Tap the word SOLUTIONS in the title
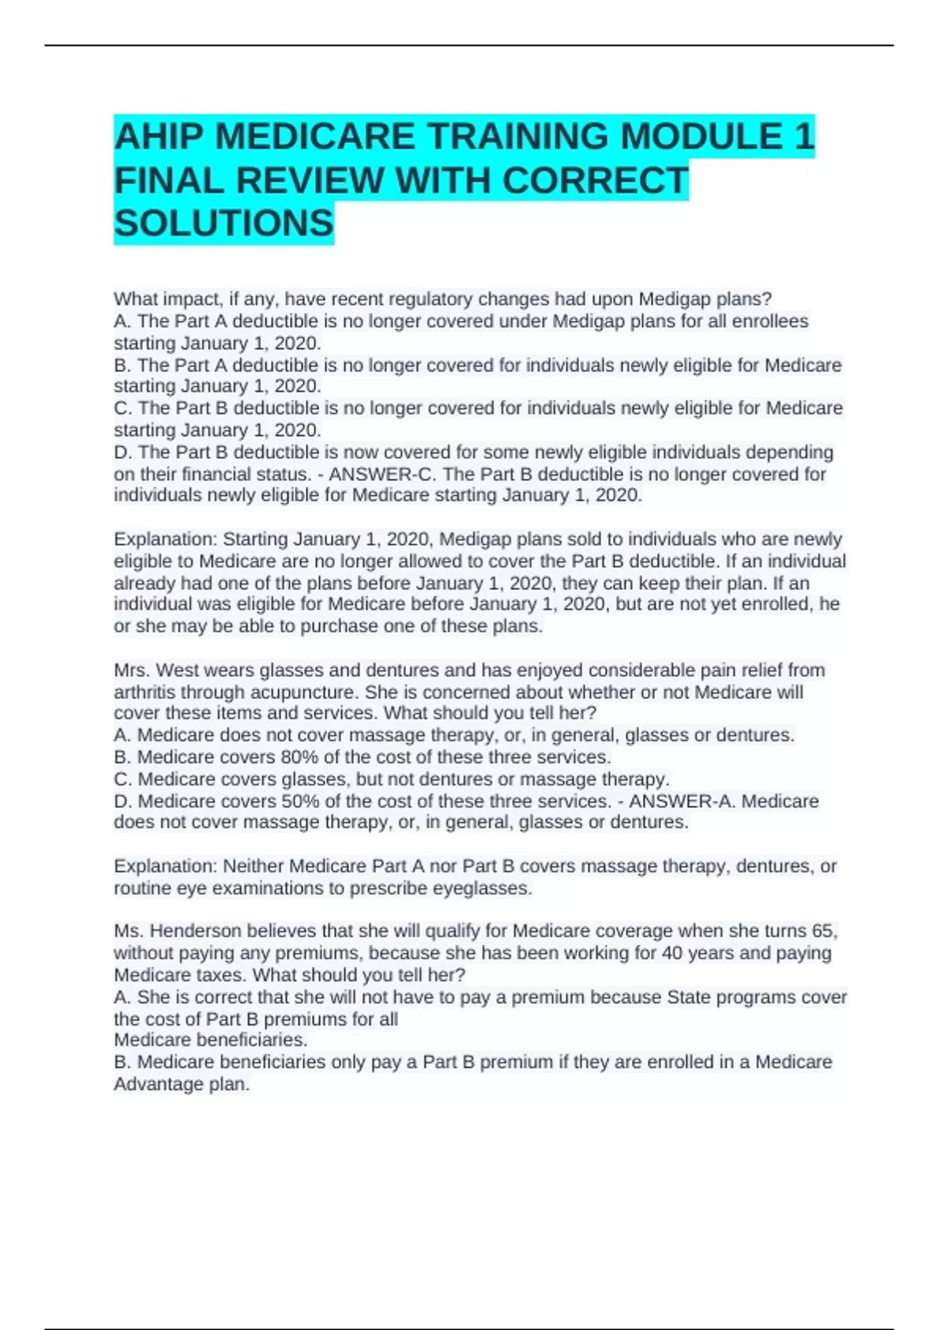pos(224,224)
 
